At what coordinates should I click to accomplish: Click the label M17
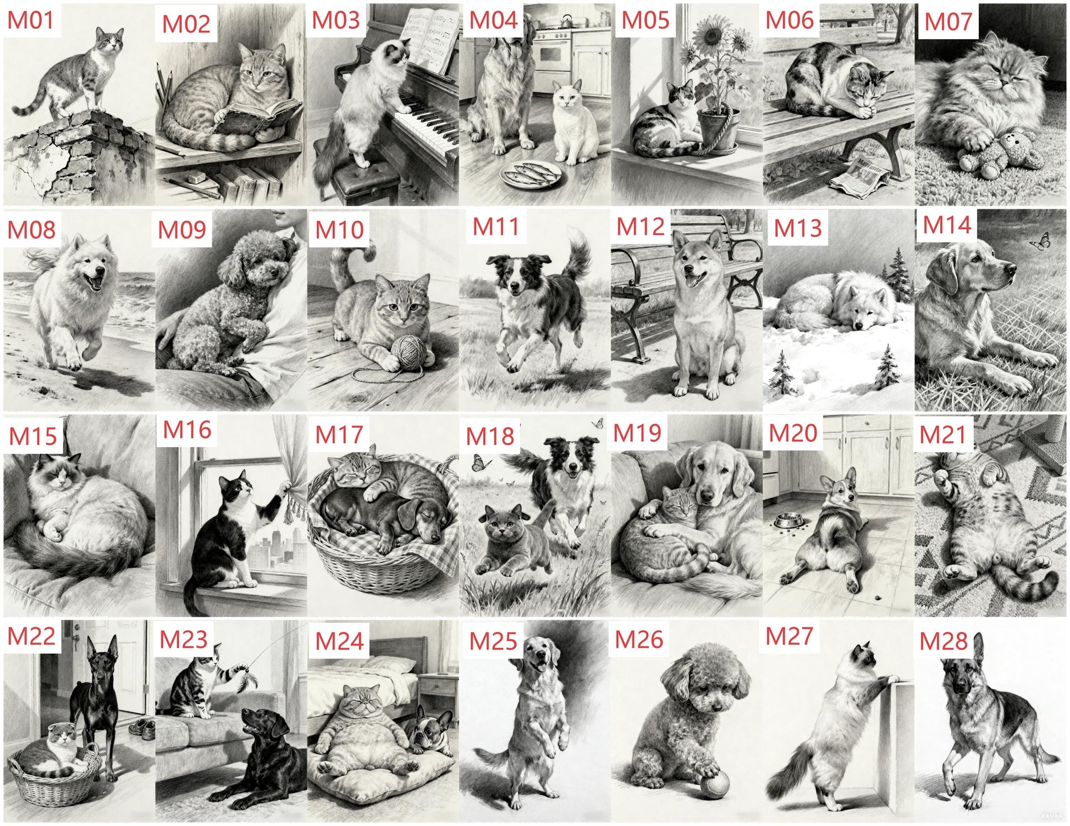[339, 434]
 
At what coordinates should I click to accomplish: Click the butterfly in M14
[1040, 241]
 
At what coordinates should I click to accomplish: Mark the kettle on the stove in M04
[567, 19]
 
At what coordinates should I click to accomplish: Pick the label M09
[181, 229]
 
